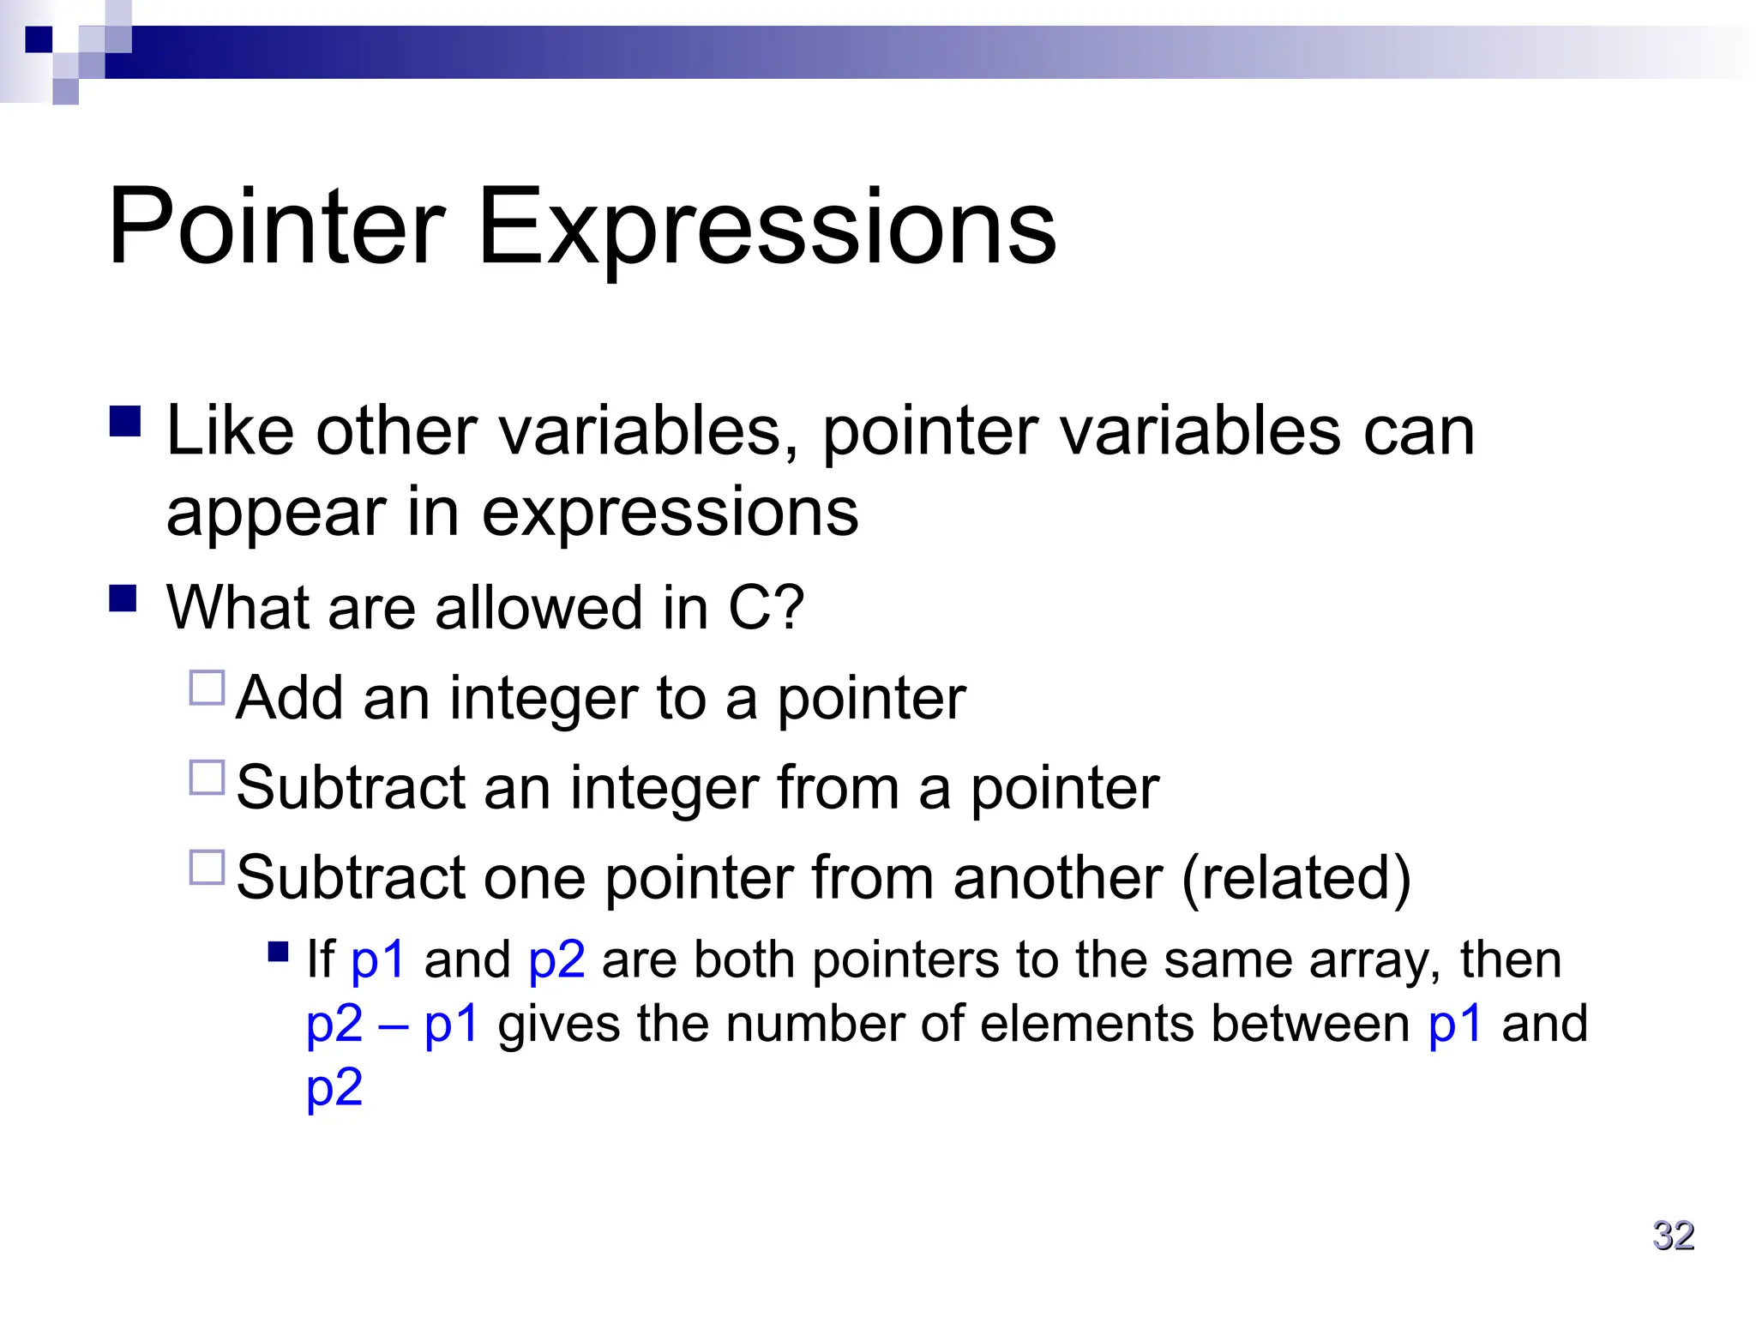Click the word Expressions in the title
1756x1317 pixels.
point(766,230)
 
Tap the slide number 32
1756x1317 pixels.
point(1673,1236)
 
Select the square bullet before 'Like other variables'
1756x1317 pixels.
point(125,422)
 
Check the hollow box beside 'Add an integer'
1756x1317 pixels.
point(207,688)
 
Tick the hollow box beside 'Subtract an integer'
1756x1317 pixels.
point(207,778)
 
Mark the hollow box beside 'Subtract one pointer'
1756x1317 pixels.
point(207,867)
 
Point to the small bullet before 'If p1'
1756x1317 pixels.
point(278,952)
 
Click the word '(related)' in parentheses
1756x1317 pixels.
point(1296,878)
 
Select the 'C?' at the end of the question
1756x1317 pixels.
point(766,608)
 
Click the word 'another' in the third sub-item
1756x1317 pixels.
point(1057,878)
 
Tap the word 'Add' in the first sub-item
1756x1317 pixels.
point(290,698)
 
